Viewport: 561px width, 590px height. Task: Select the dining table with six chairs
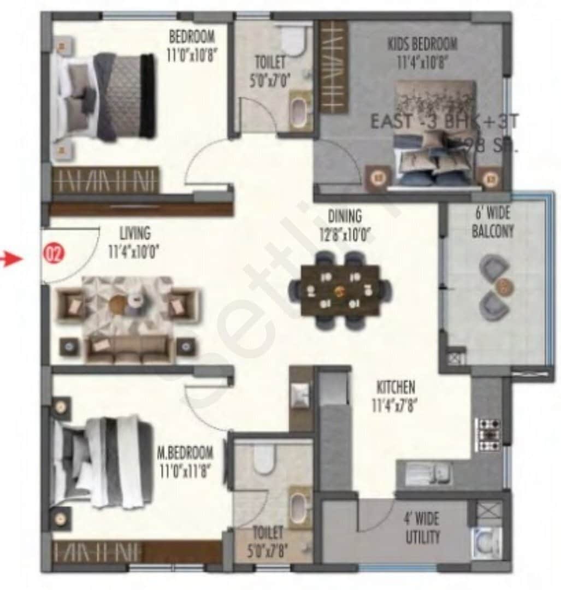pyautogui.click(x=340, y=290)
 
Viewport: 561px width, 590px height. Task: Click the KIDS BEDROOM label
pyautogui.click(x=422, y=44)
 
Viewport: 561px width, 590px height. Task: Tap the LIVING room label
pyautogui.click(x=135, y=233)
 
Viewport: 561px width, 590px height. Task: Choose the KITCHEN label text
pyautogui.click(x=395, y=387)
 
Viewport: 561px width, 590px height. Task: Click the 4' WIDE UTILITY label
pyautogui.click(x=422, y=528)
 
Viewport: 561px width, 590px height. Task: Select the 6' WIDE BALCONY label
pyautogui.click(x=493, y=224)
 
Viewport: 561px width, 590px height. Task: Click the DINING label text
pyautogui.click(x=345, y=216)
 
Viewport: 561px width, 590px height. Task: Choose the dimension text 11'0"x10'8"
pyautogui.click(x=192, y=55)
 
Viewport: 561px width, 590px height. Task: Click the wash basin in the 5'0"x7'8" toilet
pyautogui.click(x=299, y=505)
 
